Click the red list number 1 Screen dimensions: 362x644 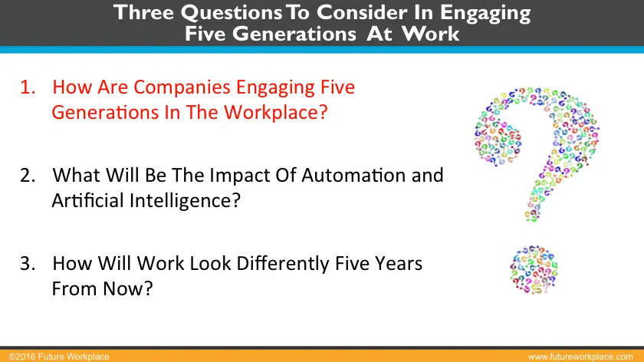[28, 87]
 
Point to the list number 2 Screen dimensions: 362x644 [28, 175]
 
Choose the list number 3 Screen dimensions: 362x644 [28, 263]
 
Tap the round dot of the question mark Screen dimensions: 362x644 [534, 270]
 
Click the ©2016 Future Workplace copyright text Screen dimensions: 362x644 [55, 357]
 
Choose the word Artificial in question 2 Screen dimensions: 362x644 [82, 200]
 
